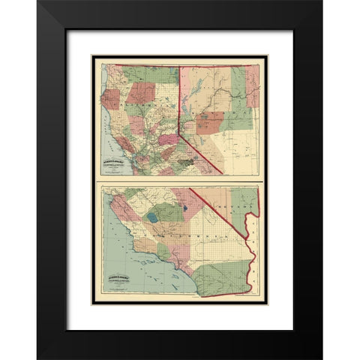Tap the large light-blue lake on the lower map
tap(153, 218)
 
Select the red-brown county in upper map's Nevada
tap(210, 121)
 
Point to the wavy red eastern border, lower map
tap(254, 247)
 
